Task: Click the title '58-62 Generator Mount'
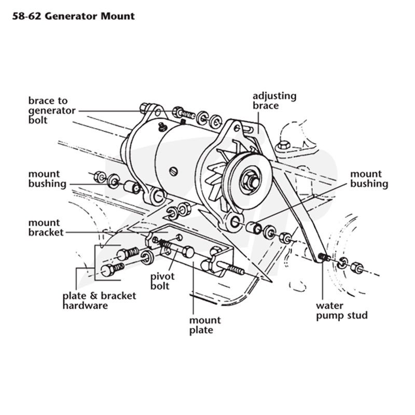[x=73, y=17]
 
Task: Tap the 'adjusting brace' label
[x=274, y=101]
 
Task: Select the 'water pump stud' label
[x=342, y=310]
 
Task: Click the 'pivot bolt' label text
[x=162, y=281]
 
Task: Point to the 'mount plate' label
[x=205, y=325]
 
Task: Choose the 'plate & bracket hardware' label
[x=99, y=301]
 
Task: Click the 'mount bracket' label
[x=46, y=227]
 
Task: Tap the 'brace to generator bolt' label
[x=52, y=110]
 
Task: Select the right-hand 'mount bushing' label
[x=369, y=178]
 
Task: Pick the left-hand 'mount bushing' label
[x=47, y=179]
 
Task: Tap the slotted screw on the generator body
[x=173, y=172]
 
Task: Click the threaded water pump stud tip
[x=322, y=256]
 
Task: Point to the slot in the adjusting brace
[x=249, y=129]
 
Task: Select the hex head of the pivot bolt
[x=188, y=252]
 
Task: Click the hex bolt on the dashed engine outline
[x=283, y=145]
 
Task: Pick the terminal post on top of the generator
[x=162, y=127]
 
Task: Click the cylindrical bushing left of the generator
[x=132, y=187]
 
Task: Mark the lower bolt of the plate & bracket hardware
[x=112, y=269]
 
